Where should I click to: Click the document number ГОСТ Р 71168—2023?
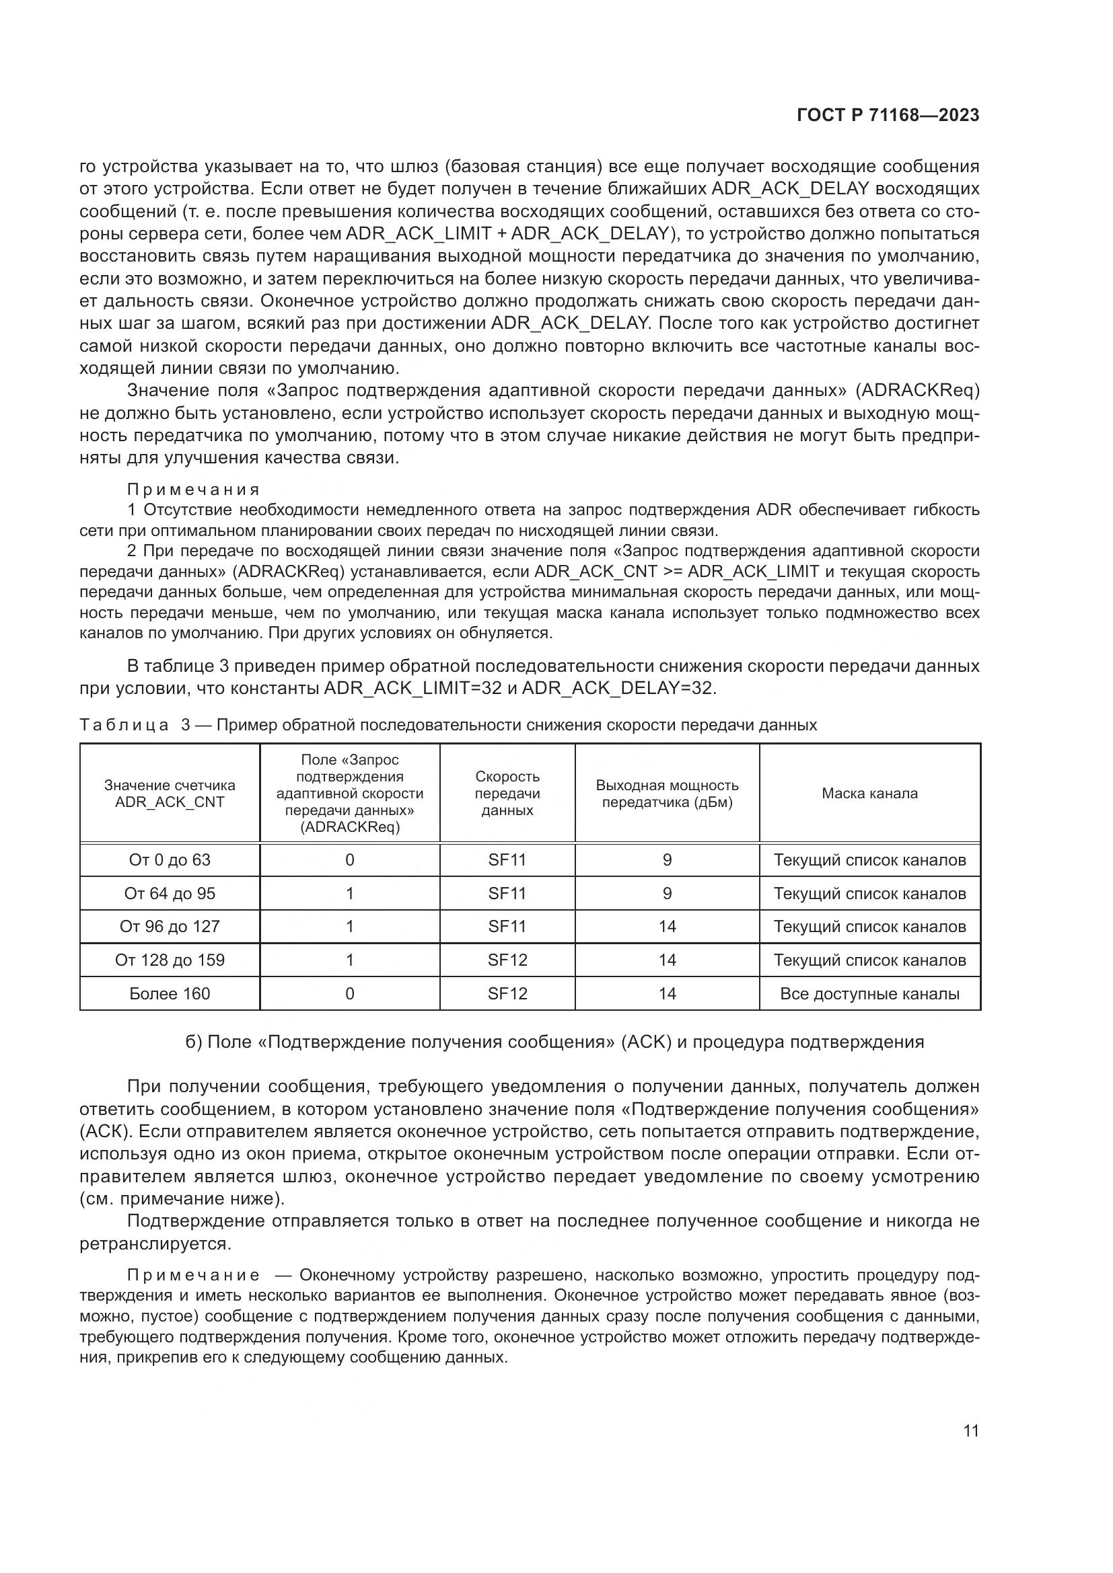click(x=888, y=116)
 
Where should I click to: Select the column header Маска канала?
click(x=869, y=794)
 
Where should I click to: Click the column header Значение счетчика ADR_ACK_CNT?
click(x=170, y=794)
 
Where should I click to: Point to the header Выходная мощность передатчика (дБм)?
click(x=667, y=794)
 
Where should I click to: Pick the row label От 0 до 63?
click(x=170, y=860)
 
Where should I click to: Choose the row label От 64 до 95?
click(x=170, y=893)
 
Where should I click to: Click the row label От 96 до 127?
click(x=170, y=926)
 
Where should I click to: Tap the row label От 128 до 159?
click(x=170, y=960)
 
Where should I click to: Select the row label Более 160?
click(x=170, y=993)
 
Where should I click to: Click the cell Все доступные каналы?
click(x=869, y=993)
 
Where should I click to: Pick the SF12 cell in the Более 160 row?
click(x=507, y=993)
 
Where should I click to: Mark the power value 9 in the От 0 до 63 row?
click(x=667, y=860)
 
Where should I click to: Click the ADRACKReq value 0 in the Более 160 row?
click(x=349, y=993)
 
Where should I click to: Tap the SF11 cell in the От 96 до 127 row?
click(x=507, y=926)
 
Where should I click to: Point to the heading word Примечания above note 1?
click(x=193, y=489)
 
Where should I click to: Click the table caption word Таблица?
click(x=124, y=725)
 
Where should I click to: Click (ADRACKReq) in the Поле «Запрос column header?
click(x=349, y=827)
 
